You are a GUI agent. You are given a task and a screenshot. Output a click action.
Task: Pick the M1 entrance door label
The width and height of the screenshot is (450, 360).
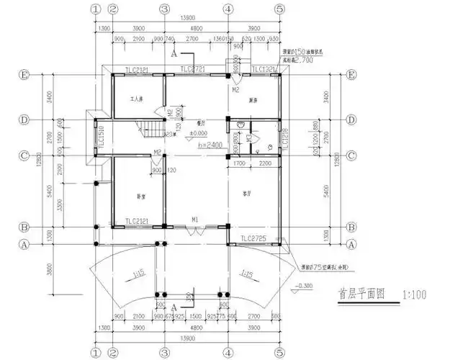tap(194, 219)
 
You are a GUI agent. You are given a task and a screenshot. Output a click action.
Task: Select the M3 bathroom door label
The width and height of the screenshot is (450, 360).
tap(248, 137)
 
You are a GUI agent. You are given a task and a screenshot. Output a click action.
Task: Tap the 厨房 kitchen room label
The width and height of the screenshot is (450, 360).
tap(253, 99)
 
